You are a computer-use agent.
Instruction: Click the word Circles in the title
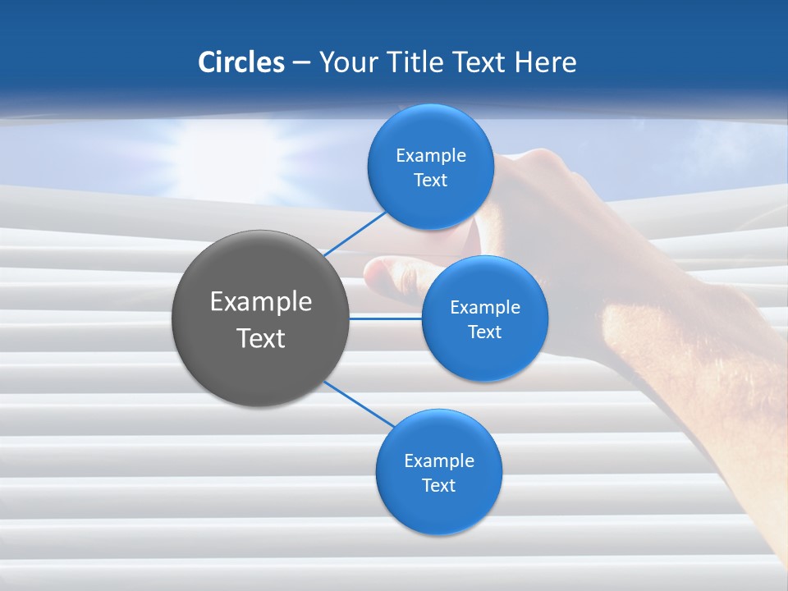pos(241,62)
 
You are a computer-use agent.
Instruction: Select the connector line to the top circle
pos(355,233)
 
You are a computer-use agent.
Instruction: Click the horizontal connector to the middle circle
pos(385,318)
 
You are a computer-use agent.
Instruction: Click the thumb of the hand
pos(394,271)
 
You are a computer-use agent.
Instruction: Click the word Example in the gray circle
pos(261,302)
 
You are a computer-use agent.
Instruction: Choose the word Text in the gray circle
pos(261,338)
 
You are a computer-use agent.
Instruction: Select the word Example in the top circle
pos(431,156)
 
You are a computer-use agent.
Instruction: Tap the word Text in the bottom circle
pos(438,486)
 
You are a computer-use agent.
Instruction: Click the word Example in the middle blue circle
pos(485,308)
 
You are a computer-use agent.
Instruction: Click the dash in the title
pos(301,62)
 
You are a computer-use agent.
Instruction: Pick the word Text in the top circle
pos(430,181)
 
